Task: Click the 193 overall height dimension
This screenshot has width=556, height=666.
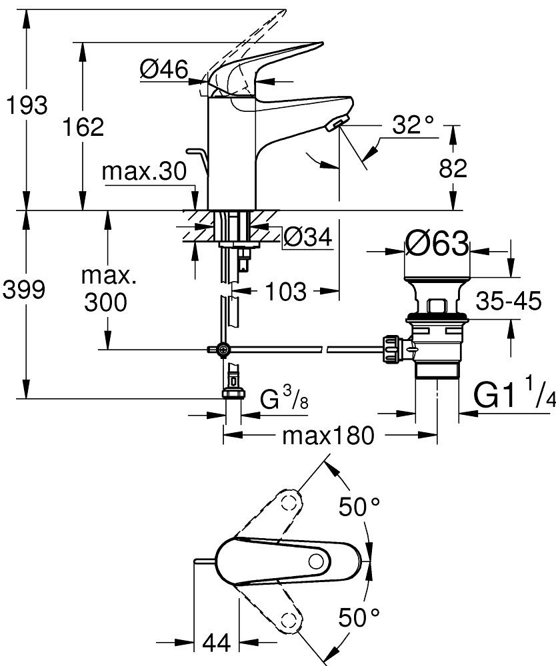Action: (x=25, y=106)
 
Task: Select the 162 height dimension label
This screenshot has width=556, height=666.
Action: (x=83, y=127)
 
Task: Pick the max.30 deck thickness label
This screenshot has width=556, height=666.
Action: (x=143, y=172)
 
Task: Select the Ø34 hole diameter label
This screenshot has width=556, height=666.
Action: (x=307, y=236)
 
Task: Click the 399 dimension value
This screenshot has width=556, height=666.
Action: (x=25, y=290)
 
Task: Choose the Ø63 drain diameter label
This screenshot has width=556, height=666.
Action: (x=437, y=245)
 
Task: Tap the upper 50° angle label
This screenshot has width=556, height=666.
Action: (x=361, y=508)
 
